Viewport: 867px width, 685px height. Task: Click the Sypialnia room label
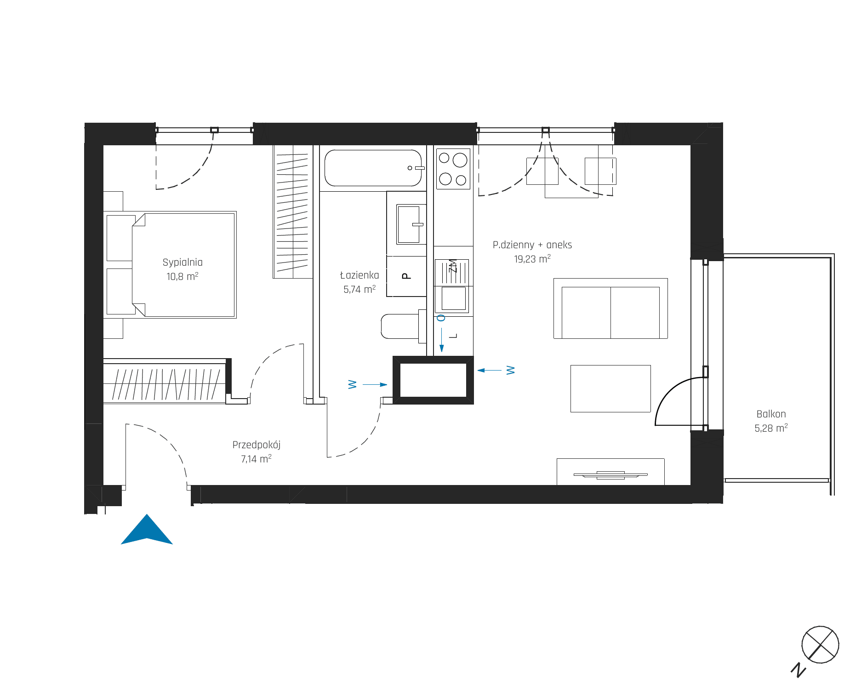point(183,262)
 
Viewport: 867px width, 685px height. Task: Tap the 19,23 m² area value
point(532,259)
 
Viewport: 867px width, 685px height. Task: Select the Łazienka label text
point(359,275)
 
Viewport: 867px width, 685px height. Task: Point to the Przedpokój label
point(257,445)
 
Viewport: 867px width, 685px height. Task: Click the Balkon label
point(771,414)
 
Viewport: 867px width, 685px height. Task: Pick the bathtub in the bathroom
point(373,168)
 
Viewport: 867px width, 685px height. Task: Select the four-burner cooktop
point(453,168)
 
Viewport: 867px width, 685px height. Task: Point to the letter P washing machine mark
point(406,276)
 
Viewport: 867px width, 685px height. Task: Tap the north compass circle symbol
point(820,645)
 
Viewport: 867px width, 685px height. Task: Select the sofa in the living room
point(610,308)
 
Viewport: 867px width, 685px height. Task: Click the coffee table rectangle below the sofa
point(610,388)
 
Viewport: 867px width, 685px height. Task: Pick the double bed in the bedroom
point(170,265)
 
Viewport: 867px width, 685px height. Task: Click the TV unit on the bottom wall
point(610,472)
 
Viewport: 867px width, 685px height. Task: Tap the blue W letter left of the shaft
point(353,384)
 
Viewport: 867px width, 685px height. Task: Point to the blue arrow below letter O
point(442,340)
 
